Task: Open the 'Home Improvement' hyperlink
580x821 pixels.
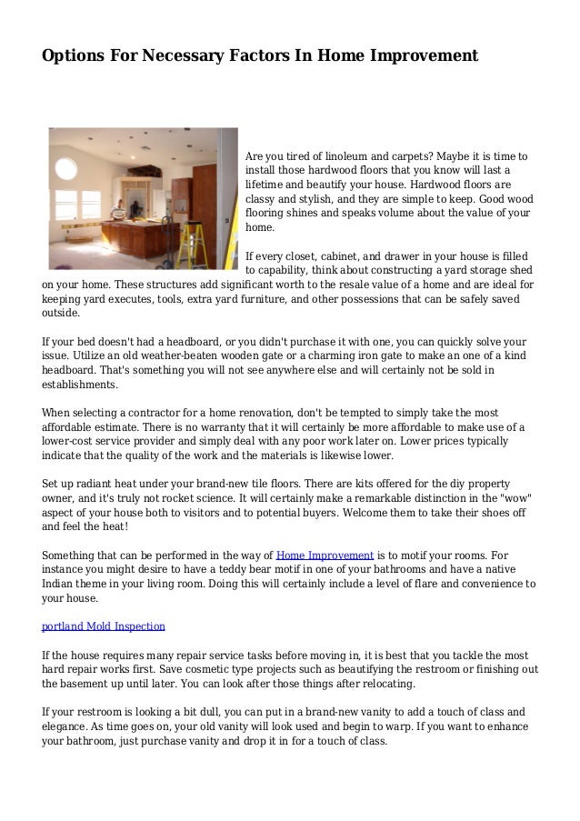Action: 325,555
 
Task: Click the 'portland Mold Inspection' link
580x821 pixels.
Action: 104,626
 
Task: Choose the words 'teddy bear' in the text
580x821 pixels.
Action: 258,569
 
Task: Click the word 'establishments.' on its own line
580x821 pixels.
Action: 80,385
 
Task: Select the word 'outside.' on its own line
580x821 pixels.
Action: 61,314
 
